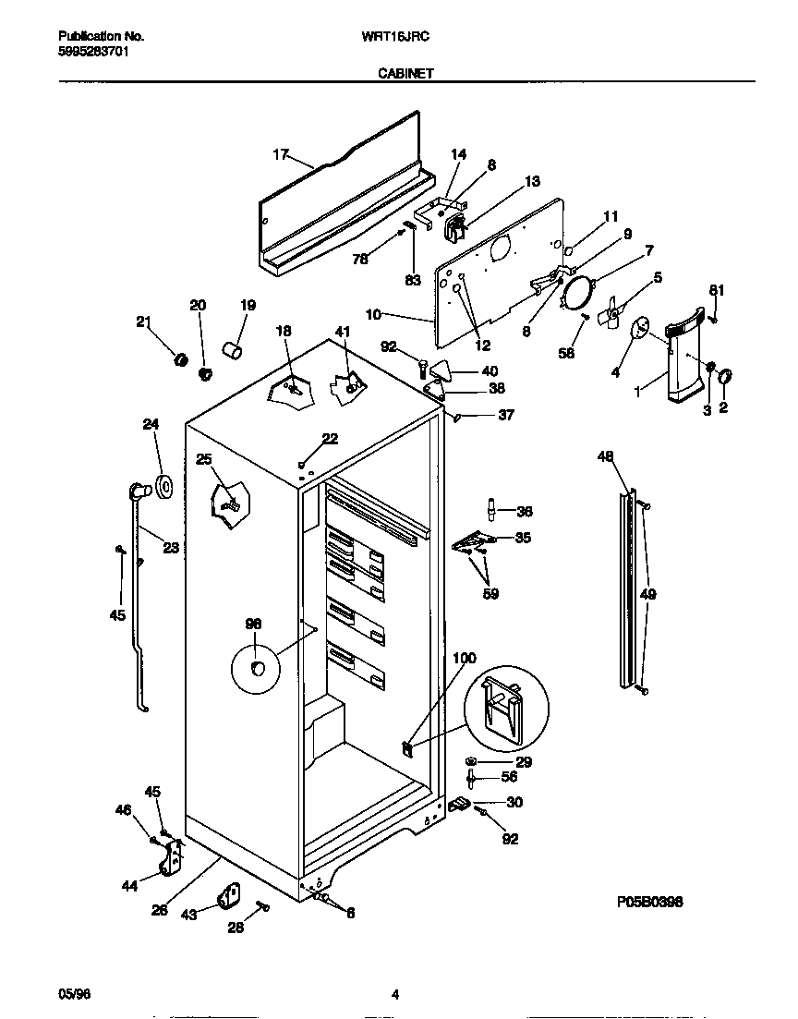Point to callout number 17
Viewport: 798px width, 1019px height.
coord(281,154)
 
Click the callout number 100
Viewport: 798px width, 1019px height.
coord(465,658)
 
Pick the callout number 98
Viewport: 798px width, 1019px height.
coord(253,625)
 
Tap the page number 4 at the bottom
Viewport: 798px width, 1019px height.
coord(395,995)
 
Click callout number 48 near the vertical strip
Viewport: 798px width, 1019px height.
coord(605,456)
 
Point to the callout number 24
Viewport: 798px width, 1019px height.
coord(151,425)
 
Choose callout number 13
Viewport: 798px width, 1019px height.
coord(532,182)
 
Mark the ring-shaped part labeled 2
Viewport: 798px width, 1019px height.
coord(725,376)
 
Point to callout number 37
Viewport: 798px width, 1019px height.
coord(505,415)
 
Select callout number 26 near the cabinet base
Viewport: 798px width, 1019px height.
coord(160,910)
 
